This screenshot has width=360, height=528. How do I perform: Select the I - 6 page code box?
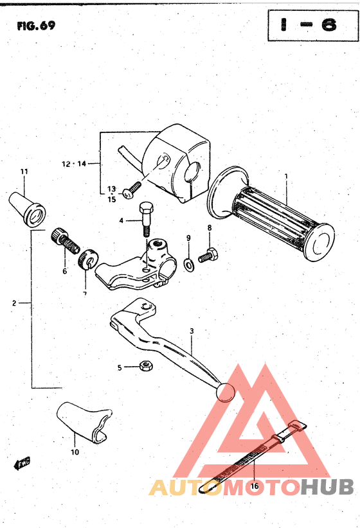(x=308, y=26)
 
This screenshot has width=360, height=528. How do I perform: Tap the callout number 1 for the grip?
(x=286, y=177)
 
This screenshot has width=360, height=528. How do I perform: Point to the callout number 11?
(x=24, y=172)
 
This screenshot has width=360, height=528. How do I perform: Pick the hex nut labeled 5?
(x=146, y=367)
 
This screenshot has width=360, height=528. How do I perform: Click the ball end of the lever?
(x=226, y=392)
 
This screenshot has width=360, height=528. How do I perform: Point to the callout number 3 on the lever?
(x=191, y=331)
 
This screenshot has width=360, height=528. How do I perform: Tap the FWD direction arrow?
(x=21, y=462)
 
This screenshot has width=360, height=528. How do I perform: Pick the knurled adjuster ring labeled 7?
(x=87, y=261)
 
